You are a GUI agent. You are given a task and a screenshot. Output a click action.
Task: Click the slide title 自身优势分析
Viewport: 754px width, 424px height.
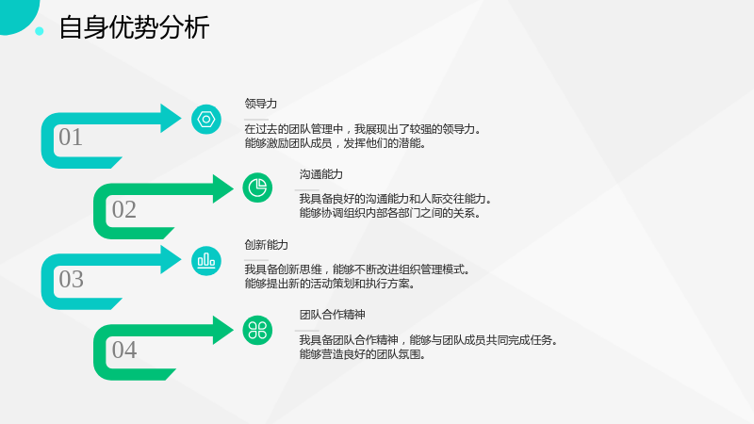134,27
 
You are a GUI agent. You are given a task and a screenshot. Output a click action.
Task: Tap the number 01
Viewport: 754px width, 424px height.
71,137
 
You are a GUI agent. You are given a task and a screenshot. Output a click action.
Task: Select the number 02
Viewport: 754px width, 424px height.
124,209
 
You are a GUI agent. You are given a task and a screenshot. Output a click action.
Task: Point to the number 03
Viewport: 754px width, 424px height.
72,279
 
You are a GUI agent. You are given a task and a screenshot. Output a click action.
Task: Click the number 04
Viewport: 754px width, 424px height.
124,350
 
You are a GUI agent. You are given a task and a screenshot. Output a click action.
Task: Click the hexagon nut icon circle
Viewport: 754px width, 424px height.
206,120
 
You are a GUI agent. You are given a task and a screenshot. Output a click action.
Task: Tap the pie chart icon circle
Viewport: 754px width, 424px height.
257,188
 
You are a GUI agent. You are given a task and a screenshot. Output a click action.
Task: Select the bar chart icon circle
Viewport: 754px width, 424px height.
206,261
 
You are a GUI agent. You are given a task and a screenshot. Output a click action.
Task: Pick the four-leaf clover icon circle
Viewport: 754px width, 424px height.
257,331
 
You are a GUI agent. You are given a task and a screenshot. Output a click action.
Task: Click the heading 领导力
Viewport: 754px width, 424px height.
261,104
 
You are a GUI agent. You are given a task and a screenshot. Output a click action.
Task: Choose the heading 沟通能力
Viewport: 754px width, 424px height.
320,174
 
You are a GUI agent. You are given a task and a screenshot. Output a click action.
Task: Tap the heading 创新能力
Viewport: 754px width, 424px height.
266,245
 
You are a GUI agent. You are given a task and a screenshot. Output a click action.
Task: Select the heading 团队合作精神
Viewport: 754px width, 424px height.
332,315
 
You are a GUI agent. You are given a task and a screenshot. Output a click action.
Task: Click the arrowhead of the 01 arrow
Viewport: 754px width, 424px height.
170,119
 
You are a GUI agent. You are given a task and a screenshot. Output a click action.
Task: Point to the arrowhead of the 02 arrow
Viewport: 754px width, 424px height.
222,188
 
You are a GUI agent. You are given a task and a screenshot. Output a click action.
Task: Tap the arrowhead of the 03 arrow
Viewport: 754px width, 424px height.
170,260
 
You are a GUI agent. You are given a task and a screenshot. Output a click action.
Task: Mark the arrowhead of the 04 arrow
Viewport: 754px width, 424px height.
222,331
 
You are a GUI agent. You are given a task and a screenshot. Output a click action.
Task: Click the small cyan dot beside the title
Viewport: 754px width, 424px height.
40,31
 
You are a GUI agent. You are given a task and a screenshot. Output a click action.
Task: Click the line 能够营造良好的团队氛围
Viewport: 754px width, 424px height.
362,355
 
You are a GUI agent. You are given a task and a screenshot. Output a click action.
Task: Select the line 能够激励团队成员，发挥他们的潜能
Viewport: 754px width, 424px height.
336,143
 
